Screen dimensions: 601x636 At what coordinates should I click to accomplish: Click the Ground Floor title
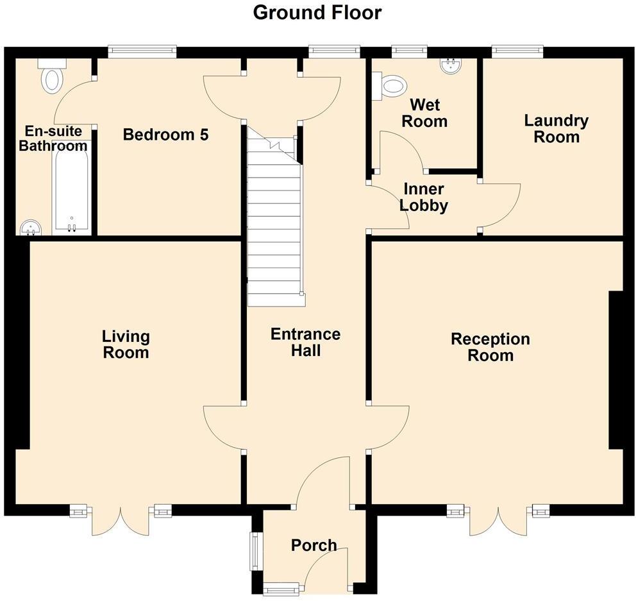click(317, 12)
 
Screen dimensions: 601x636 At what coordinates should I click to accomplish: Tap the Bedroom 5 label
click(166, 135)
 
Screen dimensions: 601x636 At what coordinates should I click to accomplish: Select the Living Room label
click(126, 344)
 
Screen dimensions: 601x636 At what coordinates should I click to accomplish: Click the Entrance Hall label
click(305, 342)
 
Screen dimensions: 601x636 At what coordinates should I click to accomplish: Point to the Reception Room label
click(490, 347)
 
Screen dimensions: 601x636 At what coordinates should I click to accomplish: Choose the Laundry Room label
click(556, 128)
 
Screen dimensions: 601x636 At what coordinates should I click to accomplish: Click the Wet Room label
click(424, 112)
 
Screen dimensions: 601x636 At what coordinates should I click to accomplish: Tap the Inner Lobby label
click(423, 198)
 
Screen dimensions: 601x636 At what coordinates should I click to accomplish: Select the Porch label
click(314, 545)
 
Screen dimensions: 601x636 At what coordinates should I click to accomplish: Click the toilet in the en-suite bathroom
click(51, 76)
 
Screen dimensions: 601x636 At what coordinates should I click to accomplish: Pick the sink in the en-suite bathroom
click(30, 227)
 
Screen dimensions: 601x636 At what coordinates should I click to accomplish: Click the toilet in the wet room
click(392, 85)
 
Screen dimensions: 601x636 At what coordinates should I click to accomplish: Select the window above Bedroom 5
click(142, 51)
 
